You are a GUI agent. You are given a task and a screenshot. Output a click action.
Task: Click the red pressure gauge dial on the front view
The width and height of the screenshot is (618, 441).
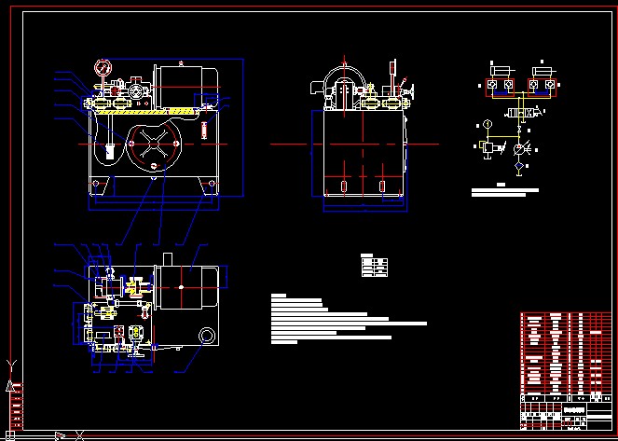click(101, 67)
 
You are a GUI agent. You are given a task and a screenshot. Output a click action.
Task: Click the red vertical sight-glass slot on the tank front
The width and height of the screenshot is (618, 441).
click(202, 127)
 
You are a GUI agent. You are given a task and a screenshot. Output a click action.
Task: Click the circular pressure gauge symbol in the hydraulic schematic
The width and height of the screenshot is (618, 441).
click(487, 124)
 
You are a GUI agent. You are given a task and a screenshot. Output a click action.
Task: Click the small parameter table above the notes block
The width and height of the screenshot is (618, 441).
click(374, 266)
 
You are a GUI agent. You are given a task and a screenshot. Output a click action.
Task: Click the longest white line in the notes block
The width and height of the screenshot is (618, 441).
click(349, 324)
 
